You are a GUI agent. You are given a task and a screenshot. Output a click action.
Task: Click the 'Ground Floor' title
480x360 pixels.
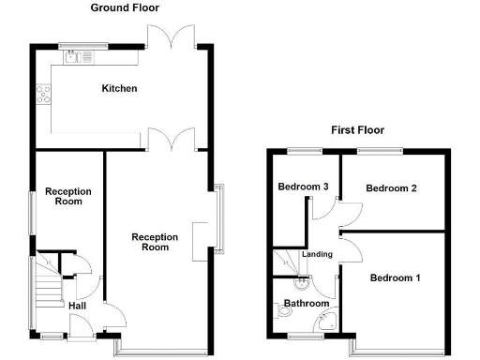click(x=124, y=7)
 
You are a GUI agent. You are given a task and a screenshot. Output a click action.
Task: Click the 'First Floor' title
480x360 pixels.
click(x=357, y=130)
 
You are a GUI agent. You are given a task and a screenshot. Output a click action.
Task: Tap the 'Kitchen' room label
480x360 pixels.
click(x=120, y=89)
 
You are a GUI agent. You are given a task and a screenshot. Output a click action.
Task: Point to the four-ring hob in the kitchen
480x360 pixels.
click(x=43, y=93)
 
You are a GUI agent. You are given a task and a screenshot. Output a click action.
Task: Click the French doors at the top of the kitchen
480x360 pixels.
click(x=171, y=35)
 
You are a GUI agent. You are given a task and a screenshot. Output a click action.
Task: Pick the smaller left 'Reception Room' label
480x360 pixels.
click(x=68, y=196)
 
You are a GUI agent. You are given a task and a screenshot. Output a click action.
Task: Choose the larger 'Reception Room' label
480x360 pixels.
click(x=155, y=242)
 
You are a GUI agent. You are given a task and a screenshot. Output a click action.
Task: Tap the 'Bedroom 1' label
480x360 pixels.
click(x=395, y=278)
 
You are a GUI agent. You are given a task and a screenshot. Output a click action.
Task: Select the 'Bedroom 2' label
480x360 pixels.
click(x=391, y=188)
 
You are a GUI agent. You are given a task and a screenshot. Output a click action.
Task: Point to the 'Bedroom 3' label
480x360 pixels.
click(x=303, y=187)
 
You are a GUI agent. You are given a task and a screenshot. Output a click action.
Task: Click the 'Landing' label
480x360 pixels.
click(x=316, y=255)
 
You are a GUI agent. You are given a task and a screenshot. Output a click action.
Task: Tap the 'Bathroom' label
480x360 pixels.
click(x=307, y=304)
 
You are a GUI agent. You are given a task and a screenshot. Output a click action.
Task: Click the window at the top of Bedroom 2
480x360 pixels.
click(x=380, y=150)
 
